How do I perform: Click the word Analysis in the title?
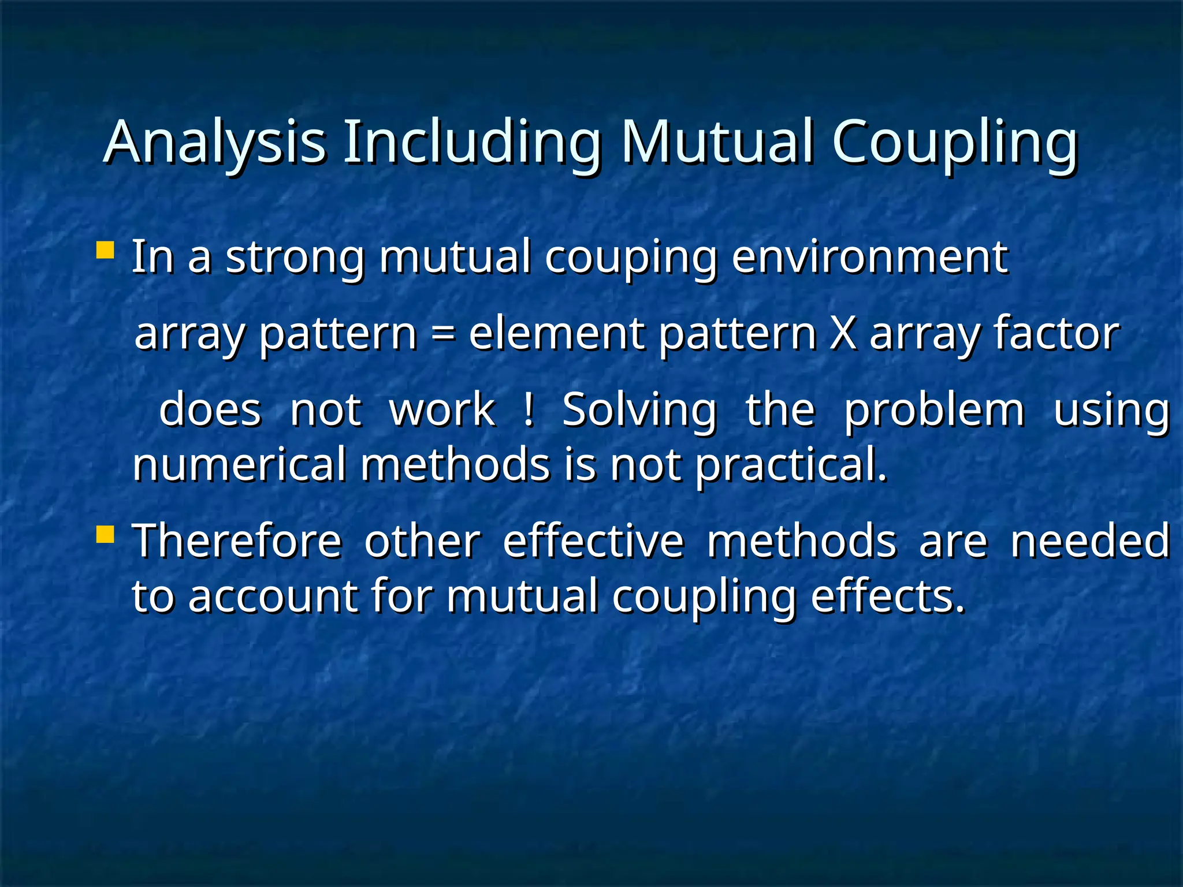[214, 143]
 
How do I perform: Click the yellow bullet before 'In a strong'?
[105, 251]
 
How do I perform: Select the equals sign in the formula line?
[442, 334]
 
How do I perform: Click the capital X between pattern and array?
[843, 333]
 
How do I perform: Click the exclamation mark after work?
[527, 409]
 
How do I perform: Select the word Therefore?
[237, 541]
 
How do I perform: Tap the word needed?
[1089, 541]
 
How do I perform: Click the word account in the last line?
[272, 596]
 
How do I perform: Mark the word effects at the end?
[887, 596]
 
